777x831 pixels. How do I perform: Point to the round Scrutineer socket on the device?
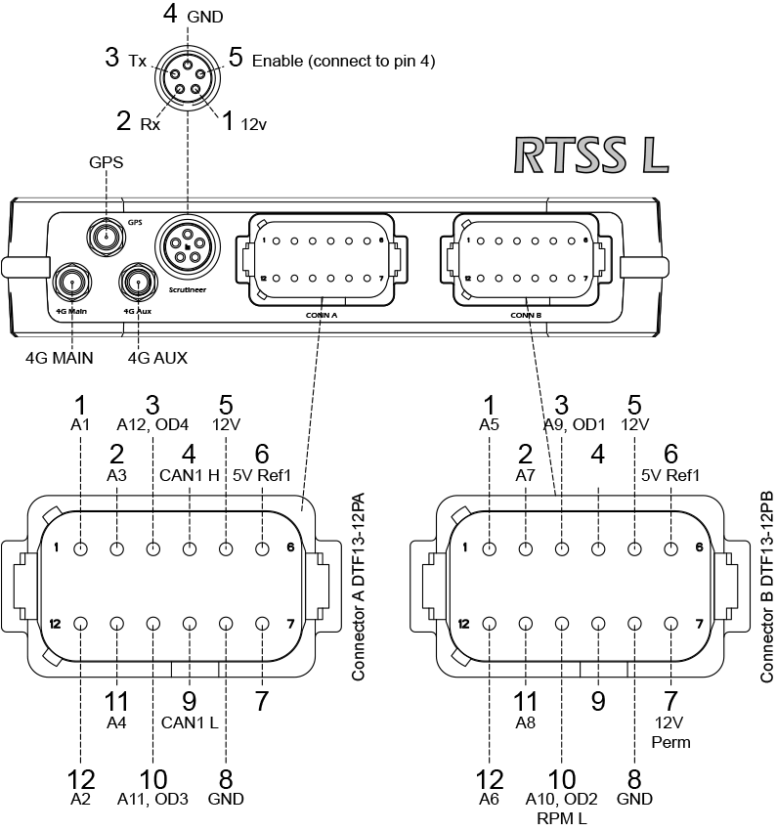pos(186,245)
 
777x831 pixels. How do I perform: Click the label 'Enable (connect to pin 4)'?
pos(343,61)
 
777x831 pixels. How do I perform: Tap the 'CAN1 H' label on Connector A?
pos(190,476)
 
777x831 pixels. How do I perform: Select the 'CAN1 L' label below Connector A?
pos(190,724)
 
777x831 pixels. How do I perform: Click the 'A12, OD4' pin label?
pos(152,424)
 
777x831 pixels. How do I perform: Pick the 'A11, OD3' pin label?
pos(152,799)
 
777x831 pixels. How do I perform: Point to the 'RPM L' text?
pos(563,817)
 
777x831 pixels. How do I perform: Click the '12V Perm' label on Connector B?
pos(670,733)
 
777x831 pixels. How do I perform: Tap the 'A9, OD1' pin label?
pos(561,424)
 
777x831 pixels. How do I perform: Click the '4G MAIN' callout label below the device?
pos(60,358)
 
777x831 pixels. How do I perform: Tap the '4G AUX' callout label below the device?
pos(157,358)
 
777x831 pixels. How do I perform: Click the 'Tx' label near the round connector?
pos(137,61)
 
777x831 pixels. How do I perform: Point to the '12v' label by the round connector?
pos(254,125)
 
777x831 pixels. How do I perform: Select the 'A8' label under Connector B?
pos(526,724)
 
